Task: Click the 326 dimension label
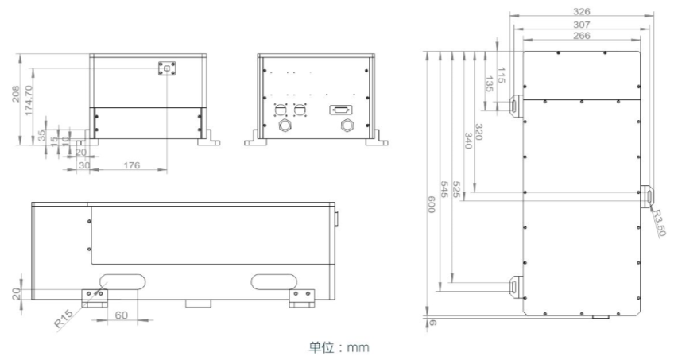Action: point(582,12)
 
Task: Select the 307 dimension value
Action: point(582,25)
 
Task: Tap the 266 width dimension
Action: point(582,36)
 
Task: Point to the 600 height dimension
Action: point(432,204)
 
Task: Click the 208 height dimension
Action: point(16,94)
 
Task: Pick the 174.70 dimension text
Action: point(29,99)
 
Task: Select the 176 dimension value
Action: point(131,165)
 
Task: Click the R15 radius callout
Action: point(64,319)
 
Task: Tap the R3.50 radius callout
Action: point(659,222)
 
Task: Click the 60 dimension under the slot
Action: point(122,315)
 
